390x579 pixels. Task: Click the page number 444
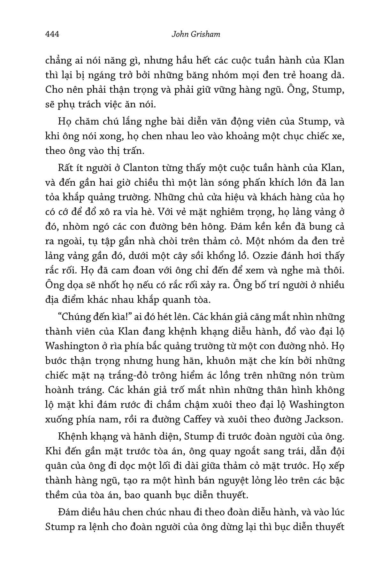52,34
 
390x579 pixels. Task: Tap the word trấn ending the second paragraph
131,151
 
